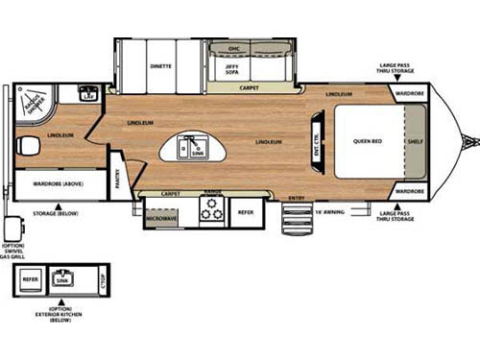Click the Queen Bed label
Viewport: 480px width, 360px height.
[x=368, y=141]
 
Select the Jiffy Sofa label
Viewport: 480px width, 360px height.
[x=233, y=67]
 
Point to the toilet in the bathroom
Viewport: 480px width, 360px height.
[x=28, y=146]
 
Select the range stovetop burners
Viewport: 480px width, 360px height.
[x=211, y=212]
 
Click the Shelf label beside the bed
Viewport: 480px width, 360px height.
[x=414, y=141]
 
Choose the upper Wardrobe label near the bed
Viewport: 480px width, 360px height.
[x=409, y=94]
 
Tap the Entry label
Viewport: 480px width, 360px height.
[x=298, y=198]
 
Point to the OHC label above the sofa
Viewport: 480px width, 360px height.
[x=233, y=47]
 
